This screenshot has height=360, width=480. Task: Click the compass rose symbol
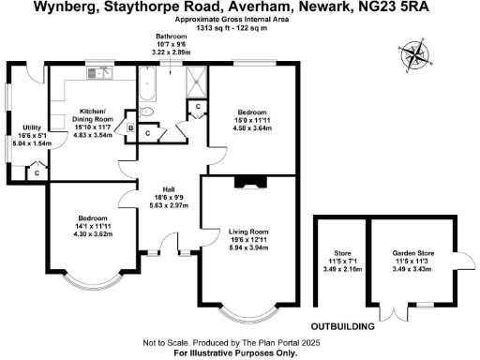pyautogui.click(x=412, y=54)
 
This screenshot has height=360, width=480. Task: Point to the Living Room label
pyautogui.click(x=248, y=236)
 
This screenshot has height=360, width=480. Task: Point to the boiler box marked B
pyautogui.click(x=132, y=129)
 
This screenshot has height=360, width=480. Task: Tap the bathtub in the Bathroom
pyautogui.click(x=146, y=88)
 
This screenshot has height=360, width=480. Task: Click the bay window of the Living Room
pyautogui.click(x=249, y=312)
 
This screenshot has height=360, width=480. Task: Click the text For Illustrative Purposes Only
pyautogui.click(x=239, y=353)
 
